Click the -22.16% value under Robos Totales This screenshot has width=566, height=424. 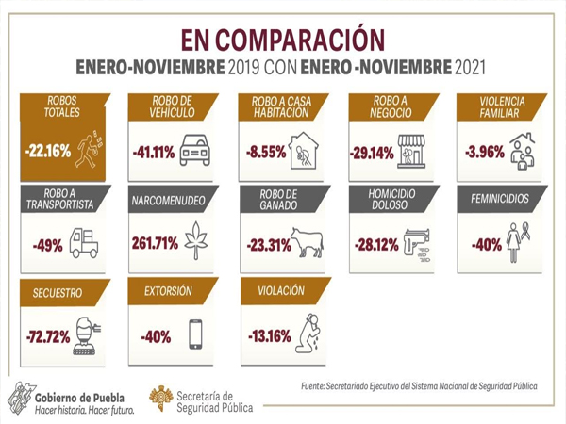(x=48, y=151)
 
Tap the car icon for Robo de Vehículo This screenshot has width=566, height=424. (x=194, y=150)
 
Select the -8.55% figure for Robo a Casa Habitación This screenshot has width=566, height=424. (x=266, y=152)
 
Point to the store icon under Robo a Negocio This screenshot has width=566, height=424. (x=411, y=152)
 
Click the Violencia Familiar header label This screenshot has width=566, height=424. (x=502, y=107)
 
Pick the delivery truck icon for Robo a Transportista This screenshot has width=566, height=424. (x=84, y=243)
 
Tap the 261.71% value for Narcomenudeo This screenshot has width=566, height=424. (x=155, y=243)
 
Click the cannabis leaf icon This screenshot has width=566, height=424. (x=196, y=240)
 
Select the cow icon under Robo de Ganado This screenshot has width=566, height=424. (x=308, y=242)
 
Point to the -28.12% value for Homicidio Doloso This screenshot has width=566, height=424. (x=376, y=245)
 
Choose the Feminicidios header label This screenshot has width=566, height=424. (x=500, y=199)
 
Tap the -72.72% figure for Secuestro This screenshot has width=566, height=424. (x=48, y=337)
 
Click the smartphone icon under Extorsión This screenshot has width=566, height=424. (x=195, y=334)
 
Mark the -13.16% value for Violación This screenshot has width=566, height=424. (x=270, y=336)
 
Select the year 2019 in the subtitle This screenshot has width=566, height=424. (x=243, y=67)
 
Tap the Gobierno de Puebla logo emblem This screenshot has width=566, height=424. (x=22, y=399)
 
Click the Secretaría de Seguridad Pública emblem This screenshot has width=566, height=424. (x=160, y=399)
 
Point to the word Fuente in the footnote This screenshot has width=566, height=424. (x=312, y=386)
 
